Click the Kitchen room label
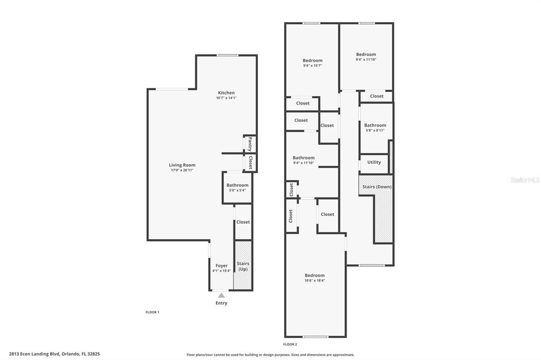(226, 93)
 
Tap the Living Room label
(182, 165)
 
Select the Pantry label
(250, 144)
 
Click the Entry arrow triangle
(221, 295)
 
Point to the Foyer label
(221, 266)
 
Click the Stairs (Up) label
(243, 266)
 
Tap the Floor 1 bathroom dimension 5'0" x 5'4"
(237, 191)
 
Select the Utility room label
(374, 162)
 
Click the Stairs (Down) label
(377, 187)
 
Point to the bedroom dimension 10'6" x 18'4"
(315, 281)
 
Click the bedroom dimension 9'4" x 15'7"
(313, 65)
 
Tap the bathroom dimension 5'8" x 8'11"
(375, 130)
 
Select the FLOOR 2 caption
(290, 344)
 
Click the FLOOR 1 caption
(153, 312)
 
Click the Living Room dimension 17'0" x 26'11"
(182, 170)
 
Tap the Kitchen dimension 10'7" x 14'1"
(226, 98)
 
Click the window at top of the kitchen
(227, 55)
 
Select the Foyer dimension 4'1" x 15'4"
(221, 271)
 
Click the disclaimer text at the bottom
(270, 355)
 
